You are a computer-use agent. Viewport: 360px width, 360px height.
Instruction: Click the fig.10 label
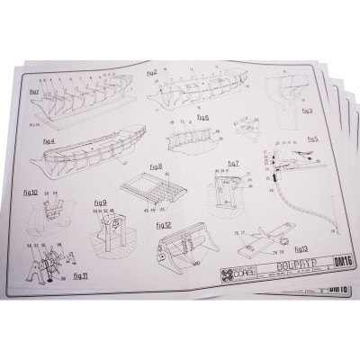click(x=28, y=191)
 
